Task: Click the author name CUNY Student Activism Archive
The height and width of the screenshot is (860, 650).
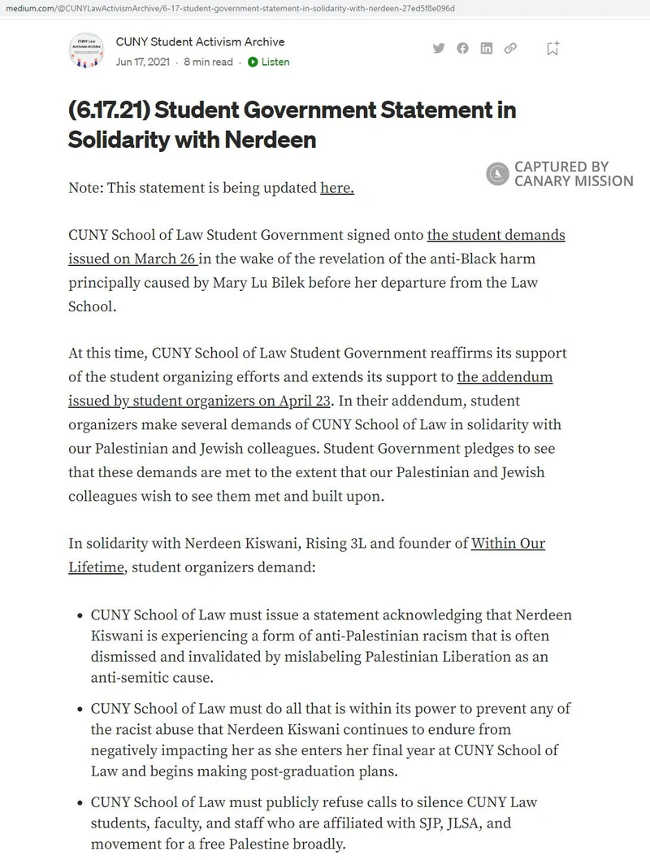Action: point(200,41)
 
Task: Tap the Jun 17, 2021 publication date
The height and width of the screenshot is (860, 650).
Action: point(143,62)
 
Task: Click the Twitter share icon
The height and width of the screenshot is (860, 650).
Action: point(439,48)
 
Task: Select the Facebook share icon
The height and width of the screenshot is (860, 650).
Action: point(462,48)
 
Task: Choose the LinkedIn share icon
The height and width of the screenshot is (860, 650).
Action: point(486,48)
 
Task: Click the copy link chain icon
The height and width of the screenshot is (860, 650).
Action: point(510,48)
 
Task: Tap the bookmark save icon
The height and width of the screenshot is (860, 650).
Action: point(552,48)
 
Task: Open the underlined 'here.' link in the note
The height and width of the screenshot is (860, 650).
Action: point(337,189)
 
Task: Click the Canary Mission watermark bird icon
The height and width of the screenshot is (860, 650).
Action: point(496,174)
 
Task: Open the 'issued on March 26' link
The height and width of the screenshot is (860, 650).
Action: point(133,258)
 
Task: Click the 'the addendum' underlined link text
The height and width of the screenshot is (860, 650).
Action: point(505,377)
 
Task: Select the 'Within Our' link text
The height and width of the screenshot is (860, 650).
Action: point(508,543)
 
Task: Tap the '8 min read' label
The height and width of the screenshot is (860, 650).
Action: point(208,62)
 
